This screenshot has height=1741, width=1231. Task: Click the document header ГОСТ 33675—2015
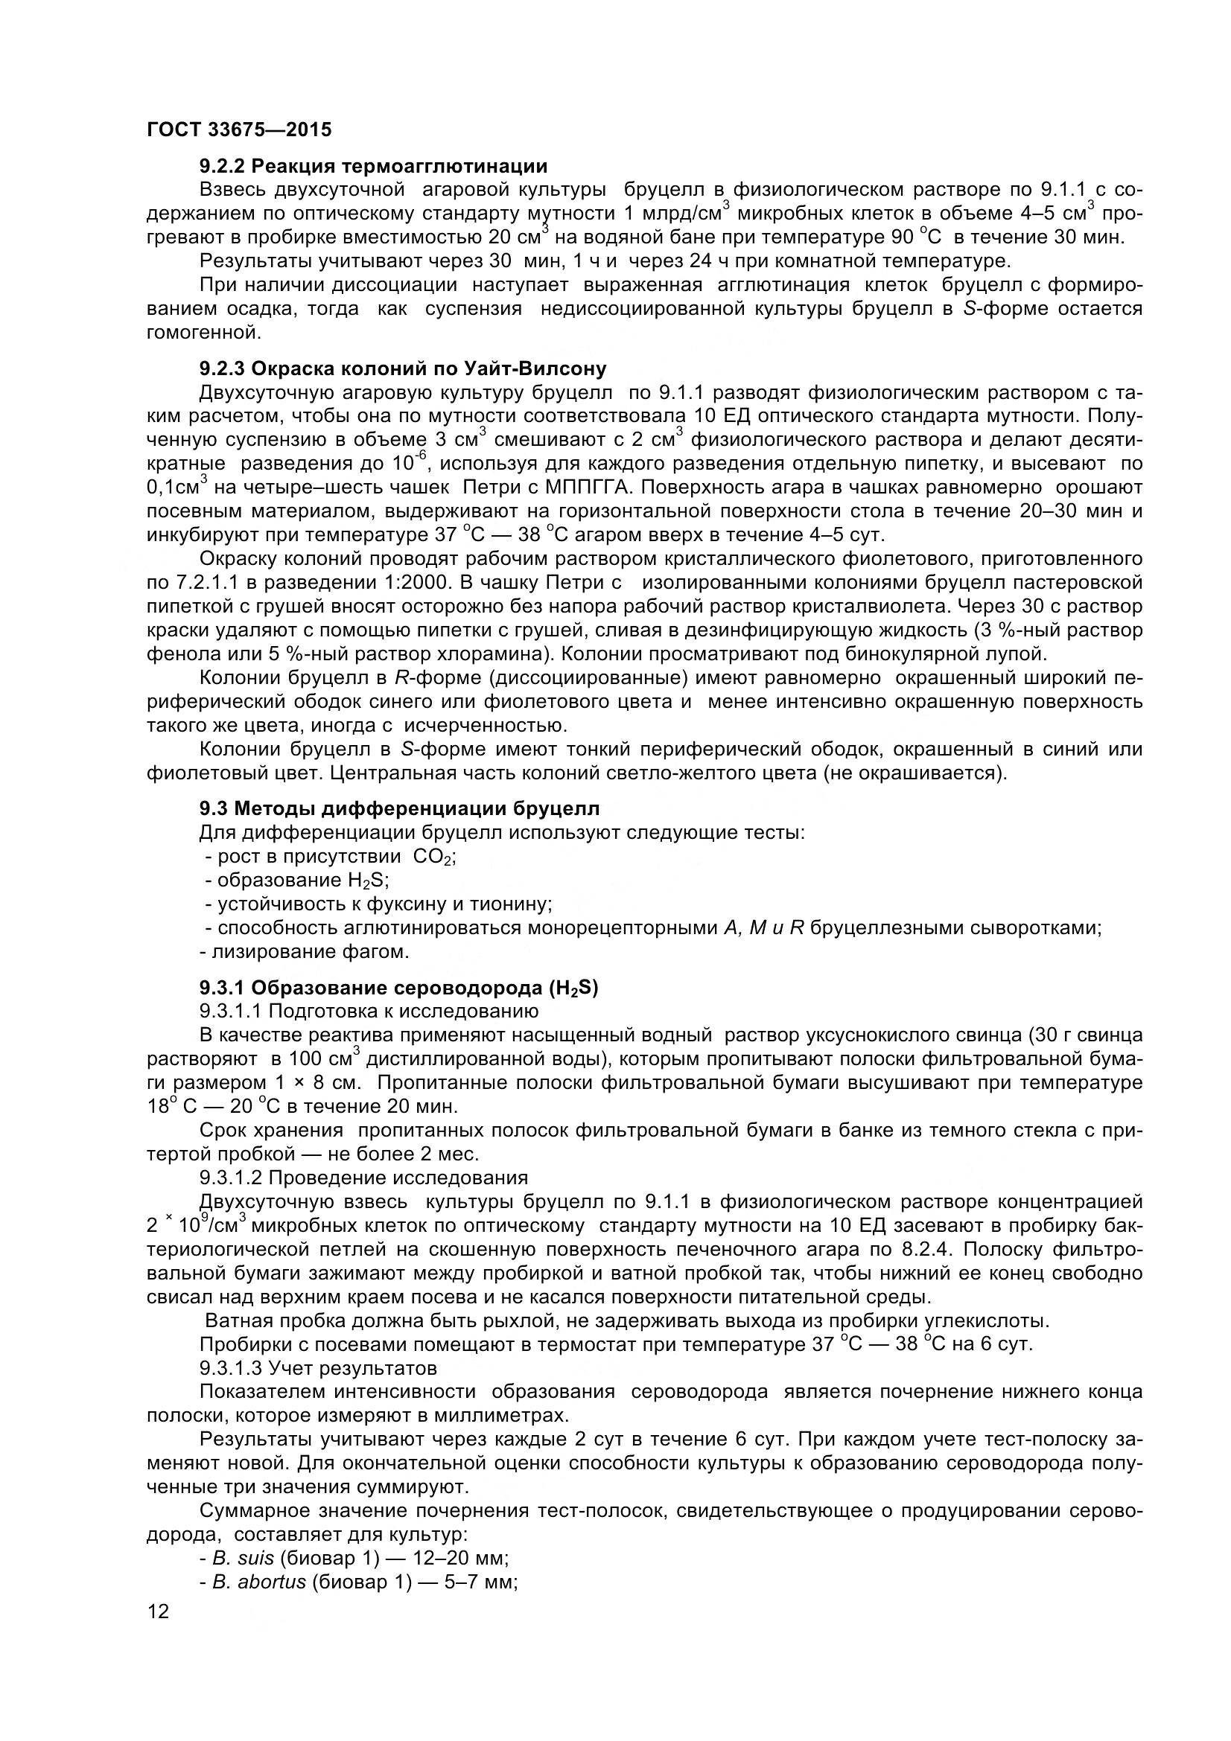(239, 130)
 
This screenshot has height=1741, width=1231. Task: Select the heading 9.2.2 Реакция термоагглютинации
(373, 165)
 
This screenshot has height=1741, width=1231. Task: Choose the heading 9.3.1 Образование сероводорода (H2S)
(399, 988)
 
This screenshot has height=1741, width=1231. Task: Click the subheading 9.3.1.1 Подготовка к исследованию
(369, 1011)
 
